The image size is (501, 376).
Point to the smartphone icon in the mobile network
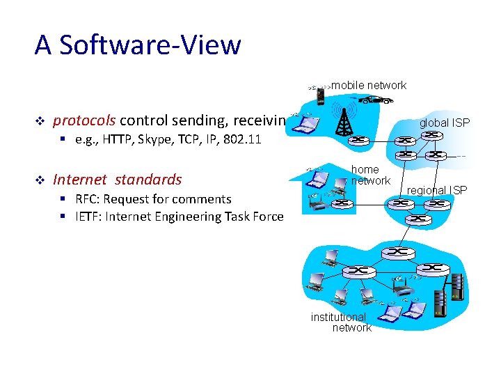[320, 95]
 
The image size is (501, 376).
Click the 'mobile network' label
[369, 86]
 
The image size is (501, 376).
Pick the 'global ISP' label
[444, 123]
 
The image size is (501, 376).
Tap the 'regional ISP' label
[437, 190]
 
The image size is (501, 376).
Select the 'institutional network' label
[340, 322]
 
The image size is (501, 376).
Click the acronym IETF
[90, 217]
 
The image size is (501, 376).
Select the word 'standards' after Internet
[148, 180]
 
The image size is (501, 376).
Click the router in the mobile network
[360, 141]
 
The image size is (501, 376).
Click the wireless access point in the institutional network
[399, 285]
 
